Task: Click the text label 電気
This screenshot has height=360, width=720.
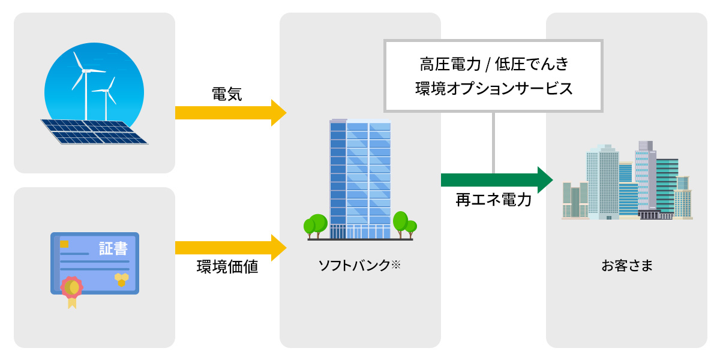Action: pyautogui.click(x=227, y=94)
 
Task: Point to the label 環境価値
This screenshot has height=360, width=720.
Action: pyautogui.click(x=227, y=267)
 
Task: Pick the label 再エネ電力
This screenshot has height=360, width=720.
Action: pyautogui.click(x=493, y=200)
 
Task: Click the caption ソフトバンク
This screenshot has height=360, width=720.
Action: pyautogui.click(x=354, y=265)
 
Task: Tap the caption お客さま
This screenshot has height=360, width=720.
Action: pyautogui.click(x=627, y=265)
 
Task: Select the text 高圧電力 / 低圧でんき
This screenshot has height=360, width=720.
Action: pyautogui.click(x=493, y=64)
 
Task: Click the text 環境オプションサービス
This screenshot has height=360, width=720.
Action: pyautogui.click(x=493, y=89)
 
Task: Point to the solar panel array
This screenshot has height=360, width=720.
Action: pyautogui.click(x=94, y=131)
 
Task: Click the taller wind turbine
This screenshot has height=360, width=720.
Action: pyautogui.click(x=85, y=84)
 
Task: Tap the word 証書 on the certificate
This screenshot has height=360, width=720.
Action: pyautogui.click(x=113, y=248)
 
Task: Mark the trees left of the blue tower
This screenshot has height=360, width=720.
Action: pyautogui.click(x=316, y=225)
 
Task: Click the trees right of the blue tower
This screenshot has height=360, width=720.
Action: pyautogui.click(x=404, y=223)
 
